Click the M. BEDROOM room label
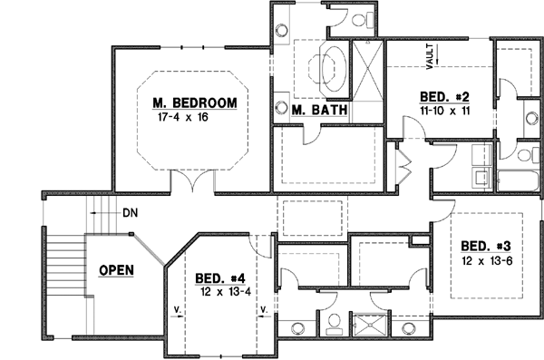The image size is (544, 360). (194, 102)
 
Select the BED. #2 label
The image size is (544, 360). (444, 95)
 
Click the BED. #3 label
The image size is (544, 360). (486, 246)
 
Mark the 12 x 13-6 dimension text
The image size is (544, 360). (486, 260)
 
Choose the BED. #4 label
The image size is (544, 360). (221, 277)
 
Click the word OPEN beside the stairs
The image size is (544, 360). (117, 269)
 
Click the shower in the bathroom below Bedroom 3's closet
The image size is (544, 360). (370, 324)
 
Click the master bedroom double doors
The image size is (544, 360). (193, 180)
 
